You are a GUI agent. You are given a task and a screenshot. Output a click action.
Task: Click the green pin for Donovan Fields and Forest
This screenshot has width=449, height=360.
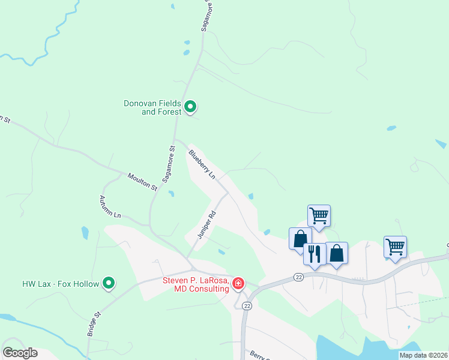coord(190,107)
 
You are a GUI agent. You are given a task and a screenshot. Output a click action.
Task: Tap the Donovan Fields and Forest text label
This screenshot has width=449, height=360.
coord(152,107)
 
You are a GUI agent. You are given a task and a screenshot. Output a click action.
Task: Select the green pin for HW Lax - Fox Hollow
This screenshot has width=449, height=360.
coord(109,283)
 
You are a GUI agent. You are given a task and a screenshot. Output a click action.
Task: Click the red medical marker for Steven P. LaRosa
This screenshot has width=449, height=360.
coord(238,283)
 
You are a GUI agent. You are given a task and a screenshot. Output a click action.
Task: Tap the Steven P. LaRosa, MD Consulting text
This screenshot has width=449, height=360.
coord(196,284)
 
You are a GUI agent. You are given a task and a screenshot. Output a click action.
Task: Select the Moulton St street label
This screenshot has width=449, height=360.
coord(142,181)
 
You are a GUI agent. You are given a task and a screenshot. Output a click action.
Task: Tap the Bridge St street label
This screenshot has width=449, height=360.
coord(92,323)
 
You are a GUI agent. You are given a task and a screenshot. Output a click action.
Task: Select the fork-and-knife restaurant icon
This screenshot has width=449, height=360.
coord(314,253)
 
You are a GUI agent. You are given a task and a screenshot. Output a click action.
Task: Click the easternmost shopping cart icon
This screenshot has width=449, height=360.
coord(395,246)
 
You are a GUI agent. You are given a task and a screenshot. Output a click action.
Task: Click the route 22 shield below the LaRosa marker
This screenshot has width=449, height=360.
coord(246,305)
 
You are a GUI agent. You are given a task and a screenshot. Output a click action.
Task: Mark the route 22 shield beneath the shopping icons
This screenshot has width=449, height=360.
coord(298,277)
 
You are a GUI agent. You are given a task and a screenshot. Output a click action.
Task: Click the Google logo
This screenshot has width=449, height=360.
coord(20,353)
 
